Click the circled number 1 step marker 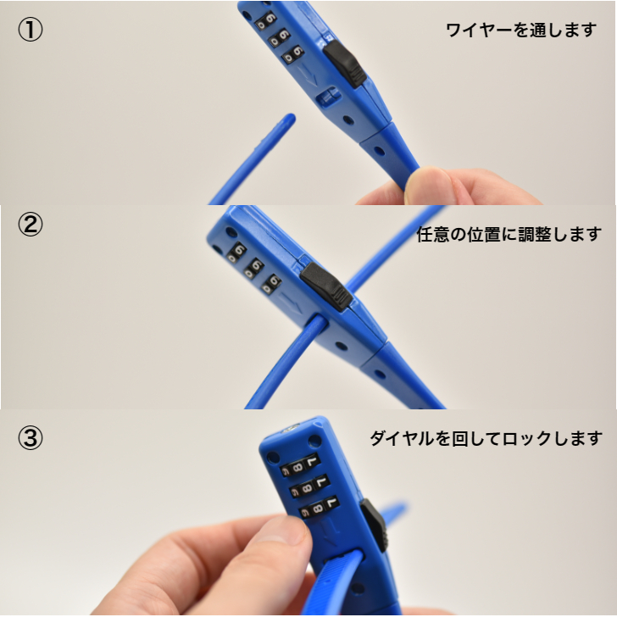[31, 30]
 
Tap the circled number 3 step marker [31, 439]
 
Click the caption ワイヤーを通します [521, 31]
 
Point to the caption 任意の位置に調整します [509, 234]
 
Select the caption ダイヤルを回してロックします [486, 439]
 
